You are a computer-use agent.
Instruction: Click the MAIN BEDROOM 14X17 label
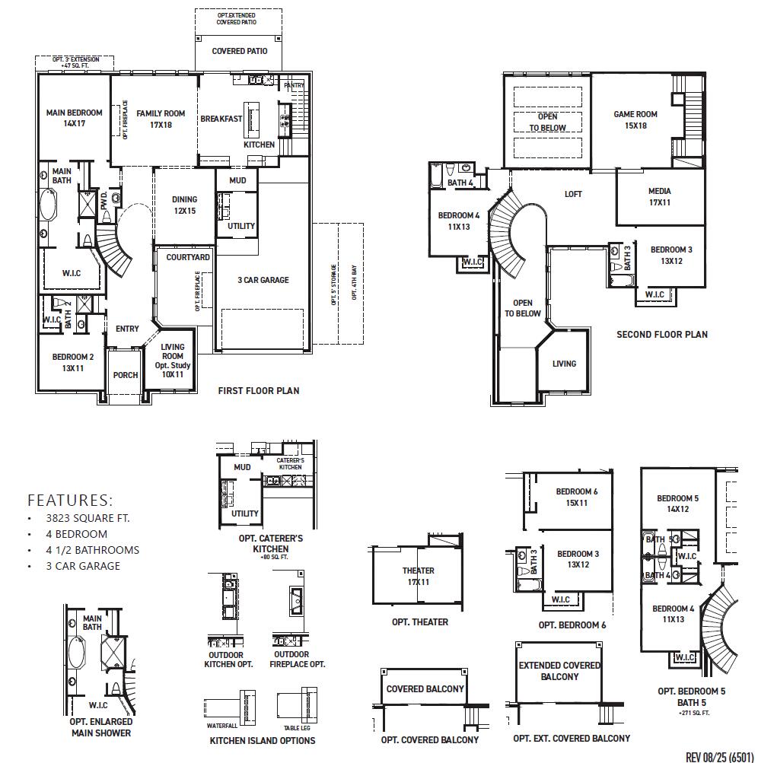coord(74,118)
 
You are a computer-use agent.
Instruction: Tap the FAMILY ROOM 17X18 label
coord(161,119)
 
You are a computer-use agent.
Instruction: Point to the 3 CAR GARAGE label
coord(263,280)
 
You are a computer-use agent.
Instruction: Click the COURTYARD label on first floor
coord(188,258)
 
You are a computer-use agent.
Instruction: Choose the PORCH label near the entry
coord(126,375)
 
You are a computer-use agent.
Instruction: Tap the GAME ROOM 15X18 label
coord(635,120)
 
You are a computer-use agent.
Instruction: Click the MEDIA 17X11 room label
coord(659,197)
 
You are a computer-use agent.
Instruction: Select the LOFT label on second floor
coord(573,195)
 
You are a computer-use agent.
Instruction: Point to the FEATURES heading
coord(70,501)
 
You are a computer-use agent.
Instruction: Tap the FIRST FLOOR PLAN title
coord(259,391)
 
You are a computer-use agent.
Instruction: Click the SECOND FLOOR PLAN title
coord(661,334)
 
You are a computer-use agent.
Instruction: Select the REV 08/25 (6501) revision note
coord(719,756)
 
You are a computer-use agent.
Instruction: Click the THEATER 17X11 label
coord(419,576)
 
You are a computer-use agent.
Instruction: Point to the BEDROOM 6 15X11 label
coord(576,498)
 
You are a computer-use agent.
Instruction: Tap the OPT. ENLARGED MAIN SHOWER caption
coord(101,727)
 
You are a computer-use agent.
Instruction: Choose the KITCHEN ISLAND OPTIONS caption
coord(262,740)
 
